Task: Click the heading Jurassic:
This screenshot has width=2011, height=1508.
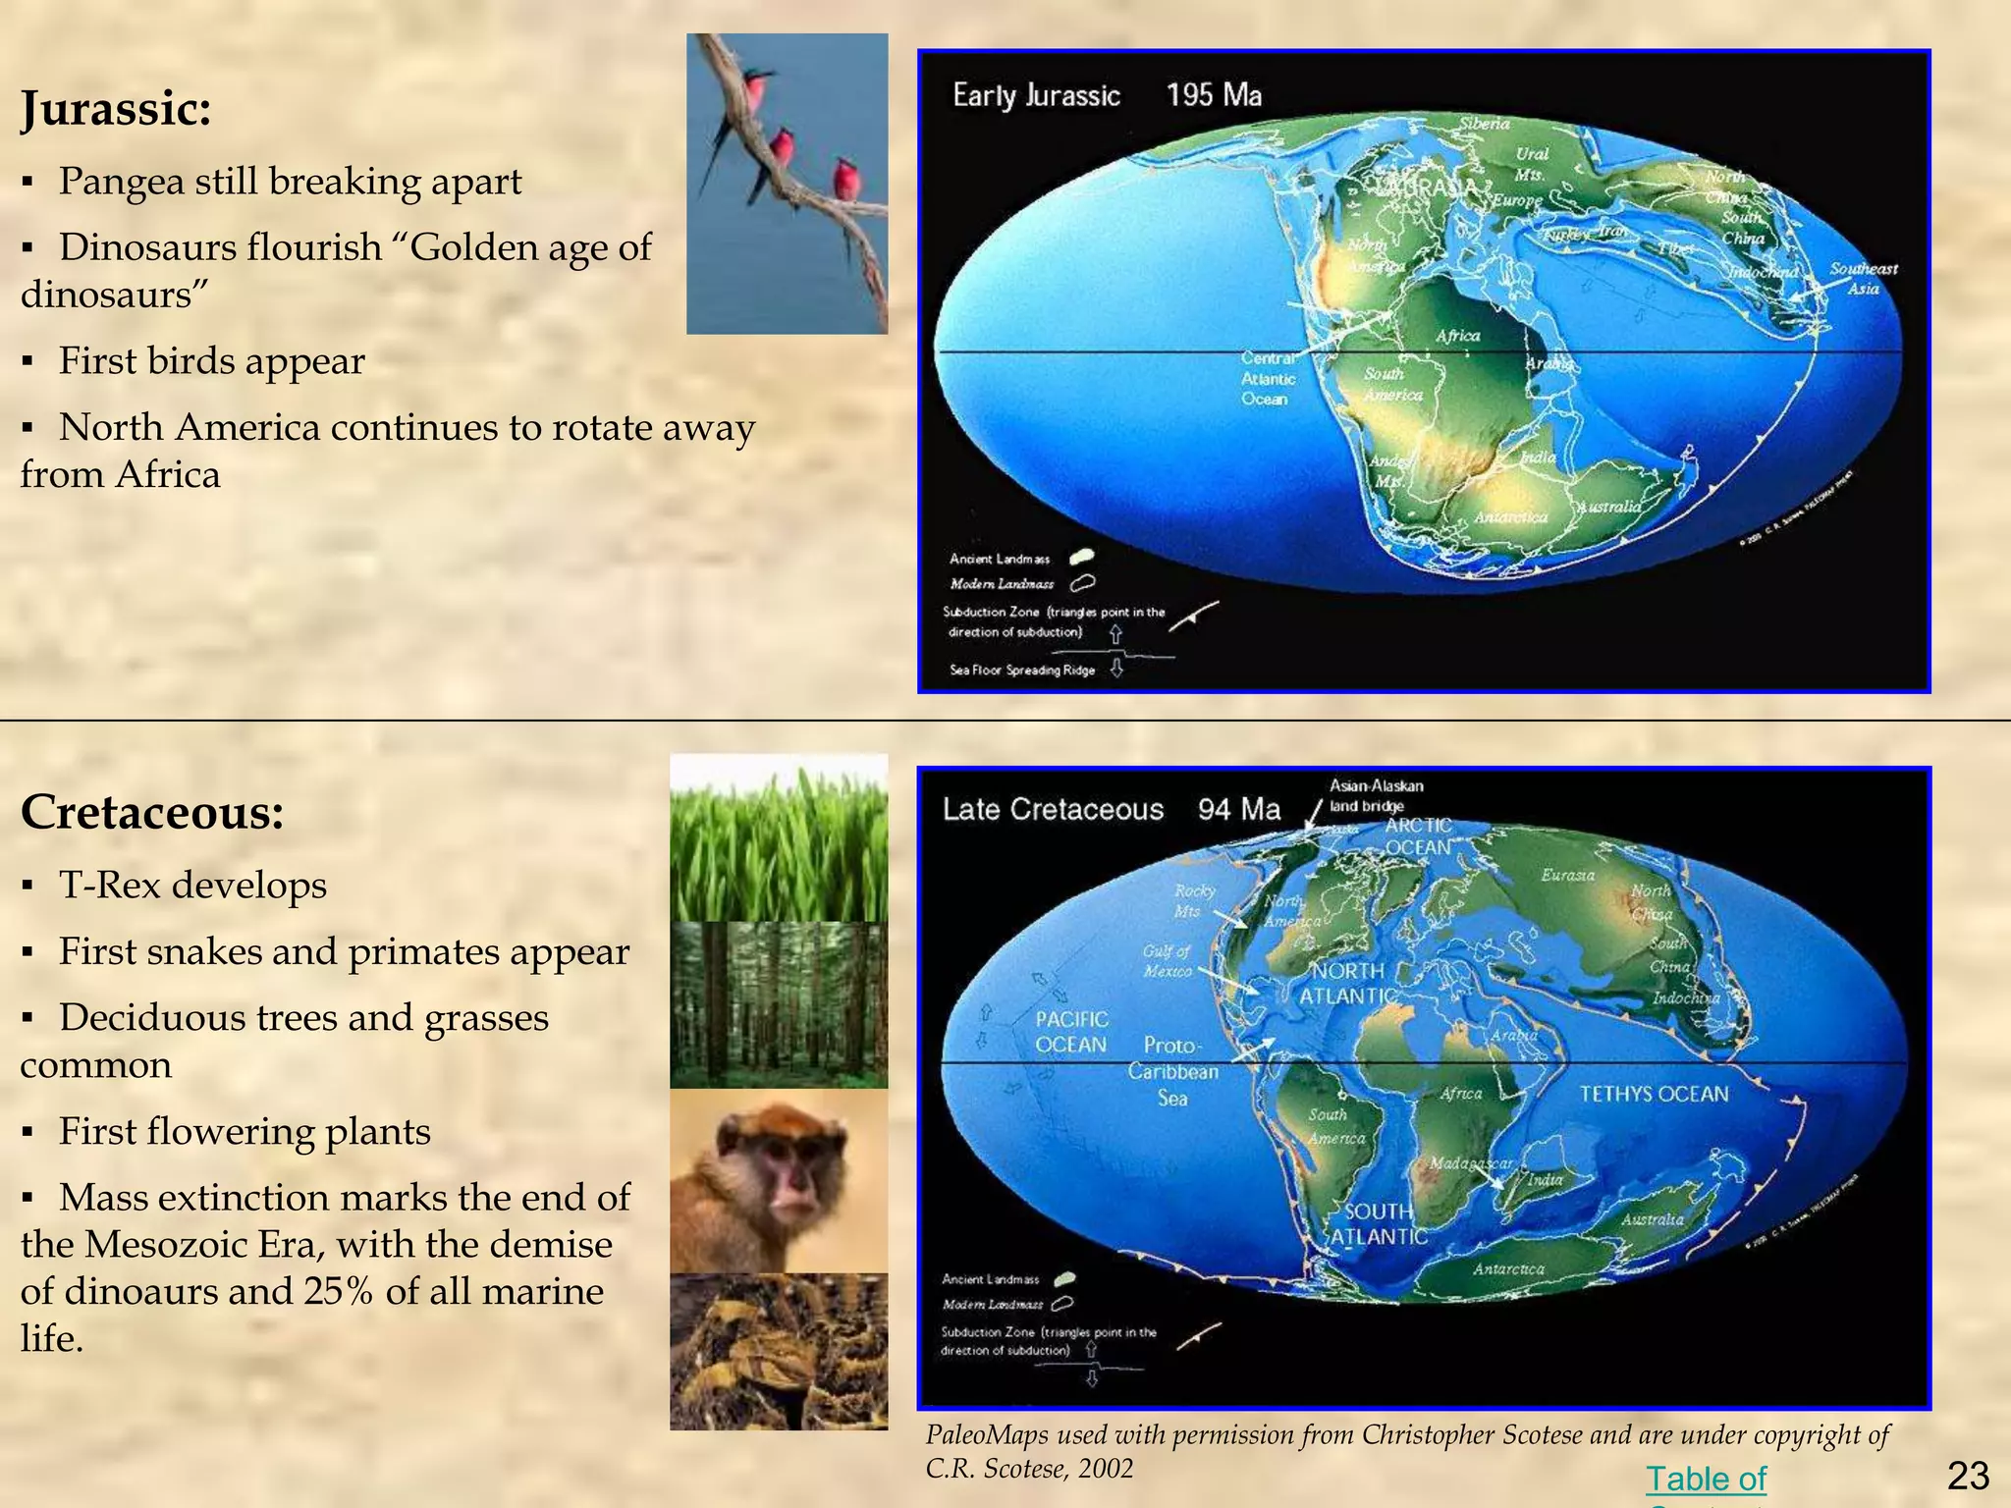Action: click(116, 108)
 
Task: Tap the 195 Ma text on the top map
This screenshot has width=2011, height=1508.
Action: click(1214, 95)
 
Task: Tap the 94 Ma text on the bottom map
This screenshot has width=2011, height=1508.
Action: click(1239, 809)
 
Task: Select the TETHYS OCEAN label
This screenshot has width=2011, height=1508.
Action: click(1654, 1094)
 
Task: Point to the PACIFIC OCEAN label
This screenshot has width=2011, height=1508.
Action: click(1071, 1032)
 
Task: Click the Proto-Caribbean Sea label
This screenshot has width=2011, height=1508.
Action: click(1172, 1071)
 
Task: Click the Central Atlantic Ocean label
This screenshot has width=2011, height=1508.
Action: click(1268, 379)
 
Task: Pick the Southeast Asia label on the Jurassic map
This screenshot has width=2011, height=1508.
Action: click(1863, 278)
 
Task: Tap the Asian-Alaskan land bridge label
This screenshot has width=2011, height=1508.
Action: click(1375, 795)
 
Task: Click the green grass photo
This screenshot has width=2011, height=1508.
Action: click(779, 837)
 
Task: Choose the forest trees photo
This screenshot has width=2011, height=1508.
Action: click(779, 1004)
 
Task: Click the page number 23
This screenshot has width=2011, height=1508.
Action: click(1967, 1476)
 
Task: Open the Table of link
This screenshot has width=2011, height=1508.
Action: click(1706, 1479)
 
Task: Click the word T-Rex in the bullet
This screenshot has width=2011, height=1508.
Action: click(109, 886)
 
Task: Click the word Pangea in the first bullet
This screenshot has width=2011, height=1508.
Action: click(120, 182)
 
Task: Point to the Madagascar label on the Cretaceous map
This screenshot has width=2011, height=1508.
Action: click(1470, 1162)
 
